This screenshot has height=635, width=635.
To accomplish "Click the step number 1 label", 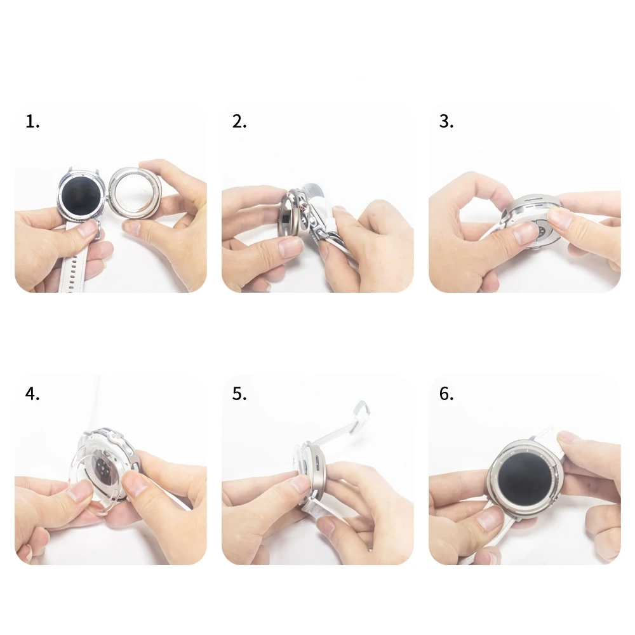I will coord(32,121).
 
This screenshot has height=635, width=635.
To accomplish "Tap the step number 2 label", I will coord(239,121).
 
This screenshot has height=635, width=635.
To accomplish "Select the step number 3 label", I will coord(446,121).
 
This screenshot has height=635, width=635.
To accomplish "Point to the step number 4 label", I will coord(32,394).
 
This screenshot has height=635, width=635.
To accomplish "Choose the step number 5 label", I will coord(239,394).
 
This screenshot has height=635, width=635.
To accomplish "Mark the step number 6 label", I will coord(446,394).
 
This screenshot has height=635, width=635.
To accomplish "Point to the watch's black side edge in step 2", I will coord(287,216).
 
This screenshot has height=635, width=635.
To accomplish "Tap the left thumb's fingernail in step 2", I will coord(290,248).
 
